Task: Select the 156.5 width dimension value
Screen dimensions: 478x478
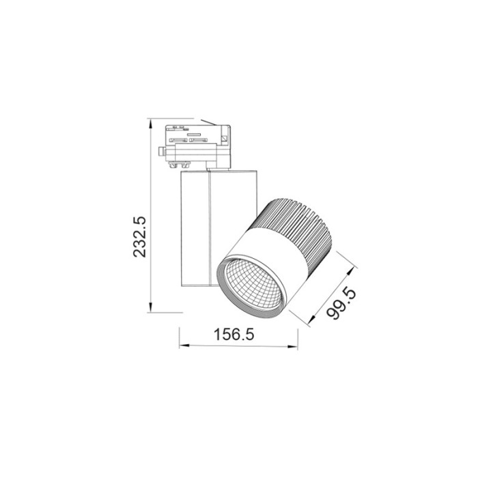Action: pos(239,335)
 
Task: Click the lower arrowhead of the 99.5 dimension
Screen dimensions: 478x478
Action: pos(313,325)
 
